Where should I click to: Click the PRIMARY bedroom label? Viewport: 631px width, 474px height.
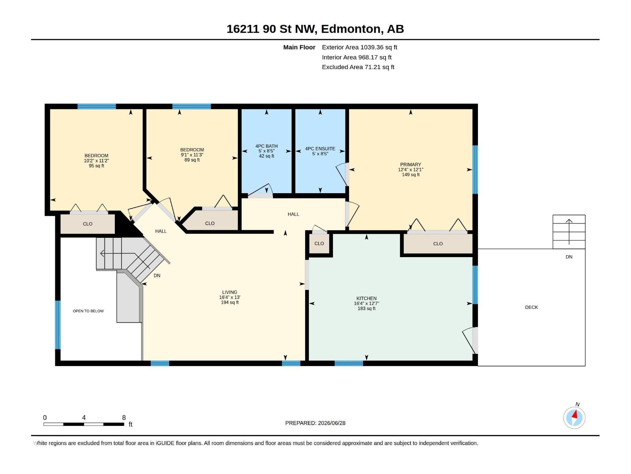coord(410,164)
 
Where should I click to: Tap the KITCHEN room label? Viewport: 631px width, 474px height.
coord(366,298)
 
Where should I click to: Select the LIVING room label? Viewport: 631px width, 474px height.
coord(230,292)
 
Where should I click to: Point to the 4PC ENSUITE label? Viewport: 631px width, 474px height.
coord(320,149)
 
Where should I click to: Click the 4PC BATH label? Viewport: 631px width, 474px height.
coord(267,146)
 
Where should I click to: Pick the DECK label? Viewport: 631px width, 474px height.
coord(531,307)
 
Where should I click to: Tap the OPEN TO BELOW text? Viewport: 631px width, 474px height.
coord(88,311)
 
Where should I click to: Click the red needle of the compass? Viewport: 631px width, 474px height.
coord(575,414)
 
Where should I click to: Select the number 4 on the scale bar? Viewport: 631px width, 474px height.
coord(84,418)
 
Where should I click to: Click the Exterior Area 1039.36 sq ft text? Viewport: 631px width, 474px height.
coord(359,47)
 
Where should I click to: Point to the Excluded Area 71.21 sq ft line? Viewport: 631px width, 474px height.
coord(358,67)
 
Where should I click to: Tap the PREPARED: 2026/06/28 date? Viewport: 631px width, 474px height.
coord(315,423)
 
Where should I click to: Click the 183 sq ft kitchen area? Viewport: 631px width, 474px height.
coord(366,308)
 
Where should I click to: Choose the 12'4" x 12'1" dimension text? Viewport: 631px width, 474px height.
coord(410,169)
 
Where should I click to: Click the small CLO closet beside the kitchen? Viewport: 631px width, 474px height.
coord(319,243)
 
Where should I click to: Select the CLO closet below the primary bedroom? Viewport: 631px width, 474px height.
coord(438,244)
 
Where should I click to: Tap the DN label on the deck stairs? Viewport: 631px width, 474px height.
coord(569,257)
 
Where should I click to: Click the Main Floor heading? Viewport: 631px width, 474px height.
coord(299,47)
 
